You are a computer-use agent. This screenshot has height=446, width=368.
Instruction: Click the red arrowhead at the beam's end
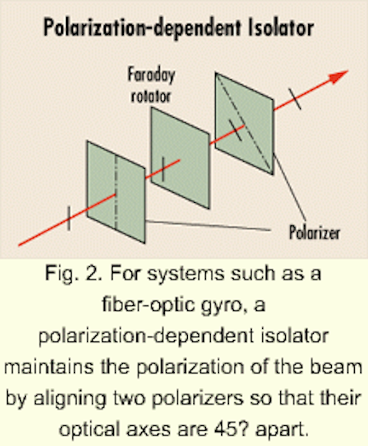(339, 76)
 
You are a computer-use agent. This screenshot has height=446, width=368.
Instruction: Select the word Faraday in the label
(151, 75)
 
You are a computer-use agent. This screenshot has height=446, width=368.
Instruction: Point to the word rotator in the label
(151, 96)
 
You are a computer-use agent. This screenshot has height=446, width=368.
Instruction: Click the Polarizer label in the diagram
(314, 232)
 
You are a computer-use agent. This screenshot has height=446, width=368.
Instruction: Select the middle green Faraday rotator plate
(180, 158)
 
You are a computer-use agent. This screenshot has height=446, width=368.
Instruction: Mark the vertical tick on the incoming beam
(69, 218)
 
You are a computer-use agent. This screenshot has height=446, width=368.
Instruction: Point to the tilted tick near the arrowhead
(295, 99)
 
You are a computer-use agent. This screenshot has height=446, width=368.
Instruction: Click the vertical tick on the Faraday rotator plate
(163, 169)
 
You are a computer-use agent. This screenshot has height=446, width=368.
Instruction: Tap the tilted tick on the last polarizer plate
(235, 130)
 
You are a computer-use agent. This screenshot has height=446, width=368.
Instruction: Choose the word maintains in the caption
(49, 367)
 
